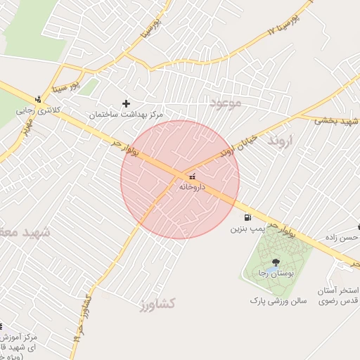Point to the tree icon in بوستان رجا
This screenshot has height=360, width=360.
(275, 262)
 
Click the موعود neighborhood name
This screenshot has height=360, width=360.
(225, 103)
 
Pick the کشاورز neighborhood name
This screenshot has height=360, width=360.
(157, 304)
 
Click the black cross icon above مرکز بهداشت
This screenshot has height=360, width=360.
(127, 103)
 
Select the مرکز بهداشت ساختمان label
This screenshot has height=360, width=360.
(126, 114)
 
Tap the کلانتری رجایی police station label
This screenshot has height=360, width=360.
(35, 110)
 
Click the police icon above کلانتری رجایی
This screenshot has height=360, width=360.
(38, 99)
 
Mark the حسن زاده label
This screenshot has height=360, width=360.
(342, 238)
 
